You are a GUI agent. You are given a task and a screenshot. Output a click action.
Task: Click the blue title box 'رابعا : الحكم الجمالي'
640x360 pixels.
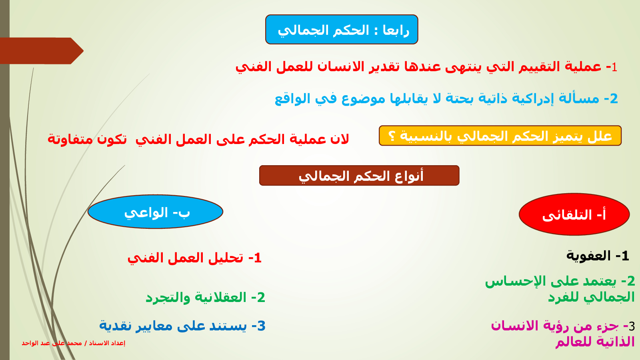pos(342,30)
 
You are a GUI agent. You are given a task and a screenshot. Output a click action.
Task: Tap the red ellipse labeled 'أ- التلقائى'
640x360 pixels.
pos(574,214)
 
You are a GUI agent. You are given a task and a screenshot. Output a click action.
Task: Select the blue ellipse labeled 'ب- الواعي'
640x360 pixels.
pos(156,212)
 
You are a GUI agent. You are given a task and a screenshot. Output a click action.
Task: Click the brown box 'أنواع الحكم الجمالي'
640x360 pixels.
pos(359,176)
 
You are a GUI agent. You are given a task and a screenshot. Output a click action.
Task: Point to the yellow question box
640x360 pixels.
pos(500,136)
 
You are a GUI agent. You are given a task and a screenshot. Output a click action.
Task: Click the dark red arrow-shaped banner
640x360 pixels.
pos(42,51)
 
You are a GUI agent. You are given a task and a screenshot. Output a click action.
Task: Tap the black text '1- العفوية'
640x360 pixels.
pos(598,256)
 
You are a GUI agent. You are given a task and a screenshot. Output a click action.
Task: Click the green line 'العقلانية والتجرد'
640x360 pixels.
pos(196,298)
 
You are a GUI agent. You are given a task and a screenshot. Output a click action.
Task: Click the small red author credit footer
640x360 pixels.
pos(74,343)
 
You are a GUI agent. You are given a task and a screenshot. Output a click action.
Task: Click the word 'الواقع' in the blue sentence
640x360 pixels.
pos(288,98)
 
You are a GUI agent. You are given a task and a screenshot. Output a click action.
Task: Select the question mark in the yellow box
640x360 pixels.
pos(392,136)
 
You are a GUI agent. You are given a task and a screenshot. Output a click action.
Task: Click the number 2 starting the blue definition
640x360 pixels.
pos(614,98)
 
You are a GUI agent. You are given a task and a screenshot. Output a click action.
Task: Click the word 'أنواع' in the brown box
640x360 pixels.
pos(410,176)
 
